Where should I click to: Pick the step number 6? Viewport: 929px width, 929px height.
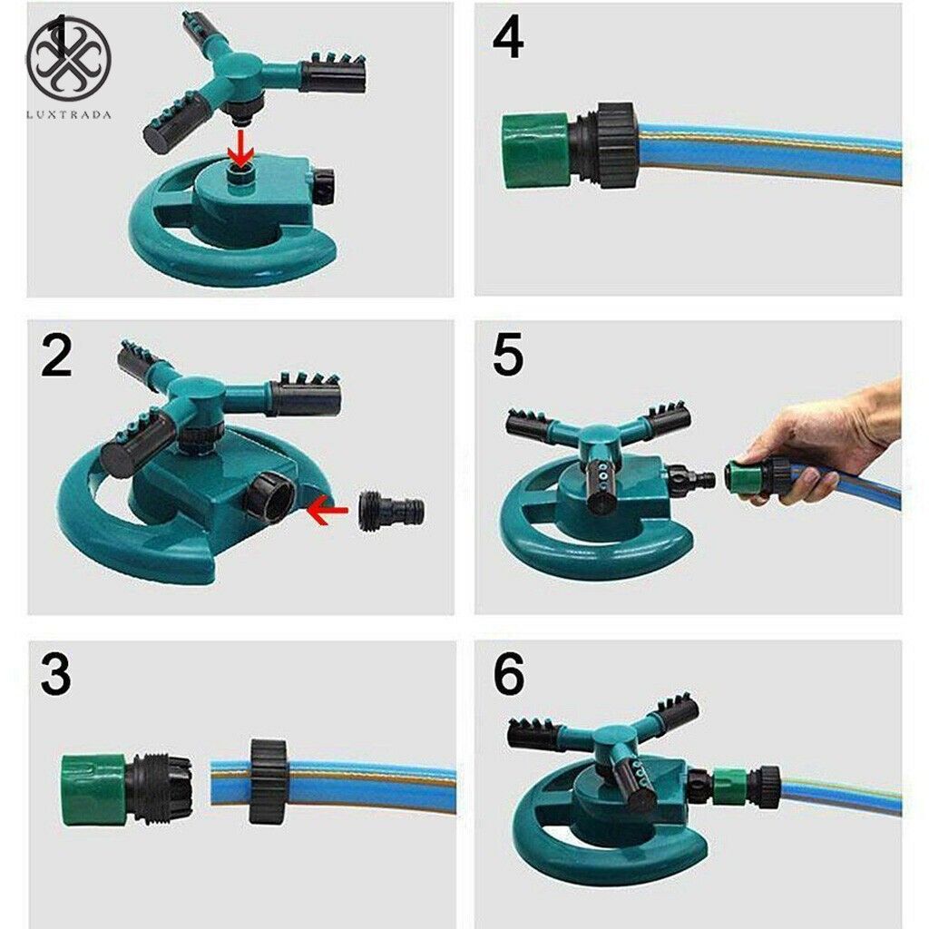tap(508, 677)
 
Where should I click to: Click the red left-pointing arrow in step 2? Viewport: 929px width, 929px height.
tap(328, 511)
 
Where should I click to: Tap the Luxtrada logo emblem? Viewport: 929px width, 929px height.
tap(68, 59)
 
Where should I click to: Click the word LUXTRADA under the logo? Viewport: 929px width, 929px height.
tap(68, 115)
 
